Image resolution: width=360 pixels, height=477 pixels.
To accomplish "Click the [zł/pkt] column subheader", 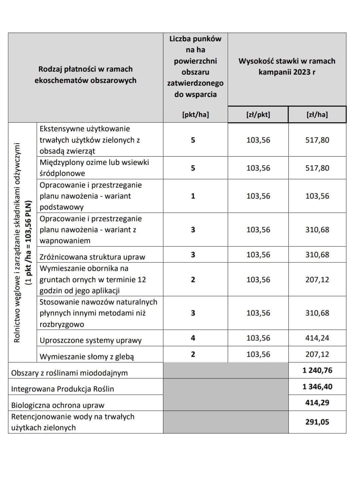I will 258,115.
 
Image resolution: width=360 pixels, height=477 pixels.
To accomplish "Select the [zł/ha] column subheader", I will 317,115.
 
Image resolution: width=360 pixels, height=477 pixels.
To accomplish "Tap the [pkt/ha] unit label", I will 195,115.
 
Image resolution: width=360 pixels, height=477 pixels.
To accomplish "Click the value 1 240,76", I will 317,370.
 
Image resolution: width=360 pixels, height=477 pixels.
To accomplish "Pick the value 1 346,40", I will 317,386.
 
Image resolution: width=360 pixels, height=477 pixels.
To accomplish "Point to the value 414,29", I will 317,402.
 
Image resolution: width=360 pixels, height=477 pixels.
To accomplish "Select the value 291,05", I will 317,422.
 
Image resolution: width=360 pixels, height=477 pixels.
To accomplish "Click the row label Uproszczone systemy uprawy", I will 90,340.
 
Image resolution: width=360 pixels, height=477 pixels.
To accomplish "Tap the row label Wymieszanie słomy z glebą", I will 87,357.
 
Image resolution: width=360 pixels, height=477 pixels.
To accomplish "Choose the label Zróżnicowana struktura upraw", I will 92,257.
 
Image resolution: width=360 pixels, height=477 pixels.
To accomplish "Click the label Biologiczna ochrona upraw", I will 58,405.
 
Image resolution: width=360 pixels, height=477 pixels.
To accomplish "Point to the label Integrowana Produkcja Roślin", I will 63,389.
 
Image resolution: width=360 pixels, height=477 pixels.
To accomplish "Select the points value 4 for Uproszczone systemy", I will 193,338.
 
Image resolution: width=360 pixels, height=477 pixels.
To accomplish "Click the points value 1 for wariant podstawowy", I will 193,196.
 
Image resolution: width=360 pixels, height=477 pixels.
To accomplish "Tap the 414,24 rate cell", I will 317,338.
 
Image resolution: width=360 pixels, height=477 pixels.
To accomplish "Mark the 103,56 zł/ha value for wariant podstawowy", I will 317,196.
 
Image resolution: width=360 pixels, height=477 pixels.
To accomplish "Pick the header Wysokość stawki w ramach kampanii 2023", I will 287,66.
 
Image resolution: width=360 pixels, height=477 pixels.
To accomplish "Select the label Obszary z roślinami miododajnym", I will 69,373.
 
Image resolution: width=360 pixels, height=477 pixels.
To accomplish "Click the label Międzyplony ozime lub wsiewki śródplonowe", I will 94,168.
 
